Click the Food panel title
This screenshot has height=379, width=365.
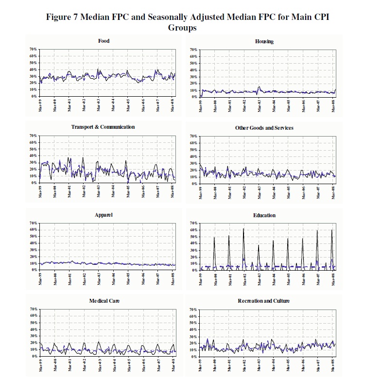coord(104,41)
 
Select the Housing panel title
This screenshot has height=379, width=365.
coord(264,41)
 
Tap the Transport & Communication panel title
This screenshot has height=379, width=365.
coord(103,127)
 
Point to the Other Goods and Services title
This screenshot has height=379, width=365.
coord(264,128)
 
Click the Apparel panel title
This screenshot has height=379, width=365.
coord(104,214)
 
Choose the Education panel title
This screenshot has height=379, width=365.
coord(264,215)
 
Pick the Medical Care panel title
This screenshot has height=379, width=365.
coord(104,301)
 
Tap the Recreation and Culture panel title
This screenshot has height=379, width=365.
coord(264,301)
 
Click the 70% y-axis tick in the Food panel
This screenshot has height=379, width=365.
coord(34,49)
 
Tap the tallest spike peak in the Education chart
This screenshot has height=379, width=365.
coord(243,228)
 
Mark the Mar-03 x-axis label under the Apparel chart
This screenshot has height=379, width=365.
coord(99,278)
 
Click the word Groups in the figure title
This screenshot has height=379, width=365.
coord(182,28)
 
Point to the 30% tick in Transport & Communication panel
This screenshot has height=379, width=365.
coord(34,163)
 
